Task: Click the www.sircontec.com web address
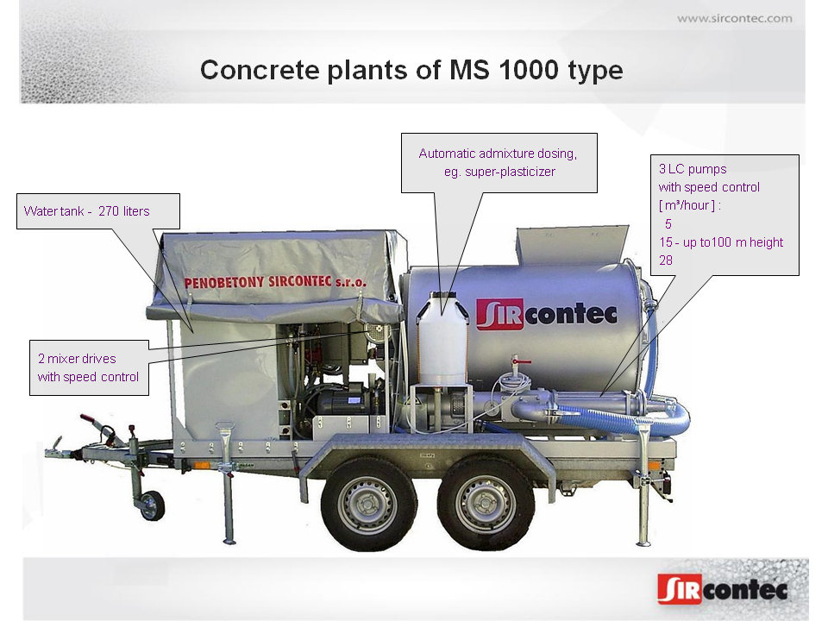click(x=734, y=18)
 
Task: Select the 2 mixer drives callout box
click(x=88, y=367)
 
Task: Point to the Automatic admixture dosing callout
click(x=499, y=162)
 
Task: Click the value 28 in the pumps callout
click(x=666, y=260)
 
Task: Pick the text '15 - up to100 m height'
click(x=720, y=242)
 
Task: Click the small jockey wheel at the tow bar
click(x=152, y=505)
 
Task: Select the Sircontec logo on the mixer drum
click(x=546, y=313)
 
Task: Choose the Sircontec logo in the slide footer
click(x=722, y=588)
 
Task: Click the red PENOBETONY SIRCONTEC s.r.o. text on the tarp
click(x=275, y=282)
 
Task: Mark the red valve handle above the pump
click(x=516, y=360)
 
